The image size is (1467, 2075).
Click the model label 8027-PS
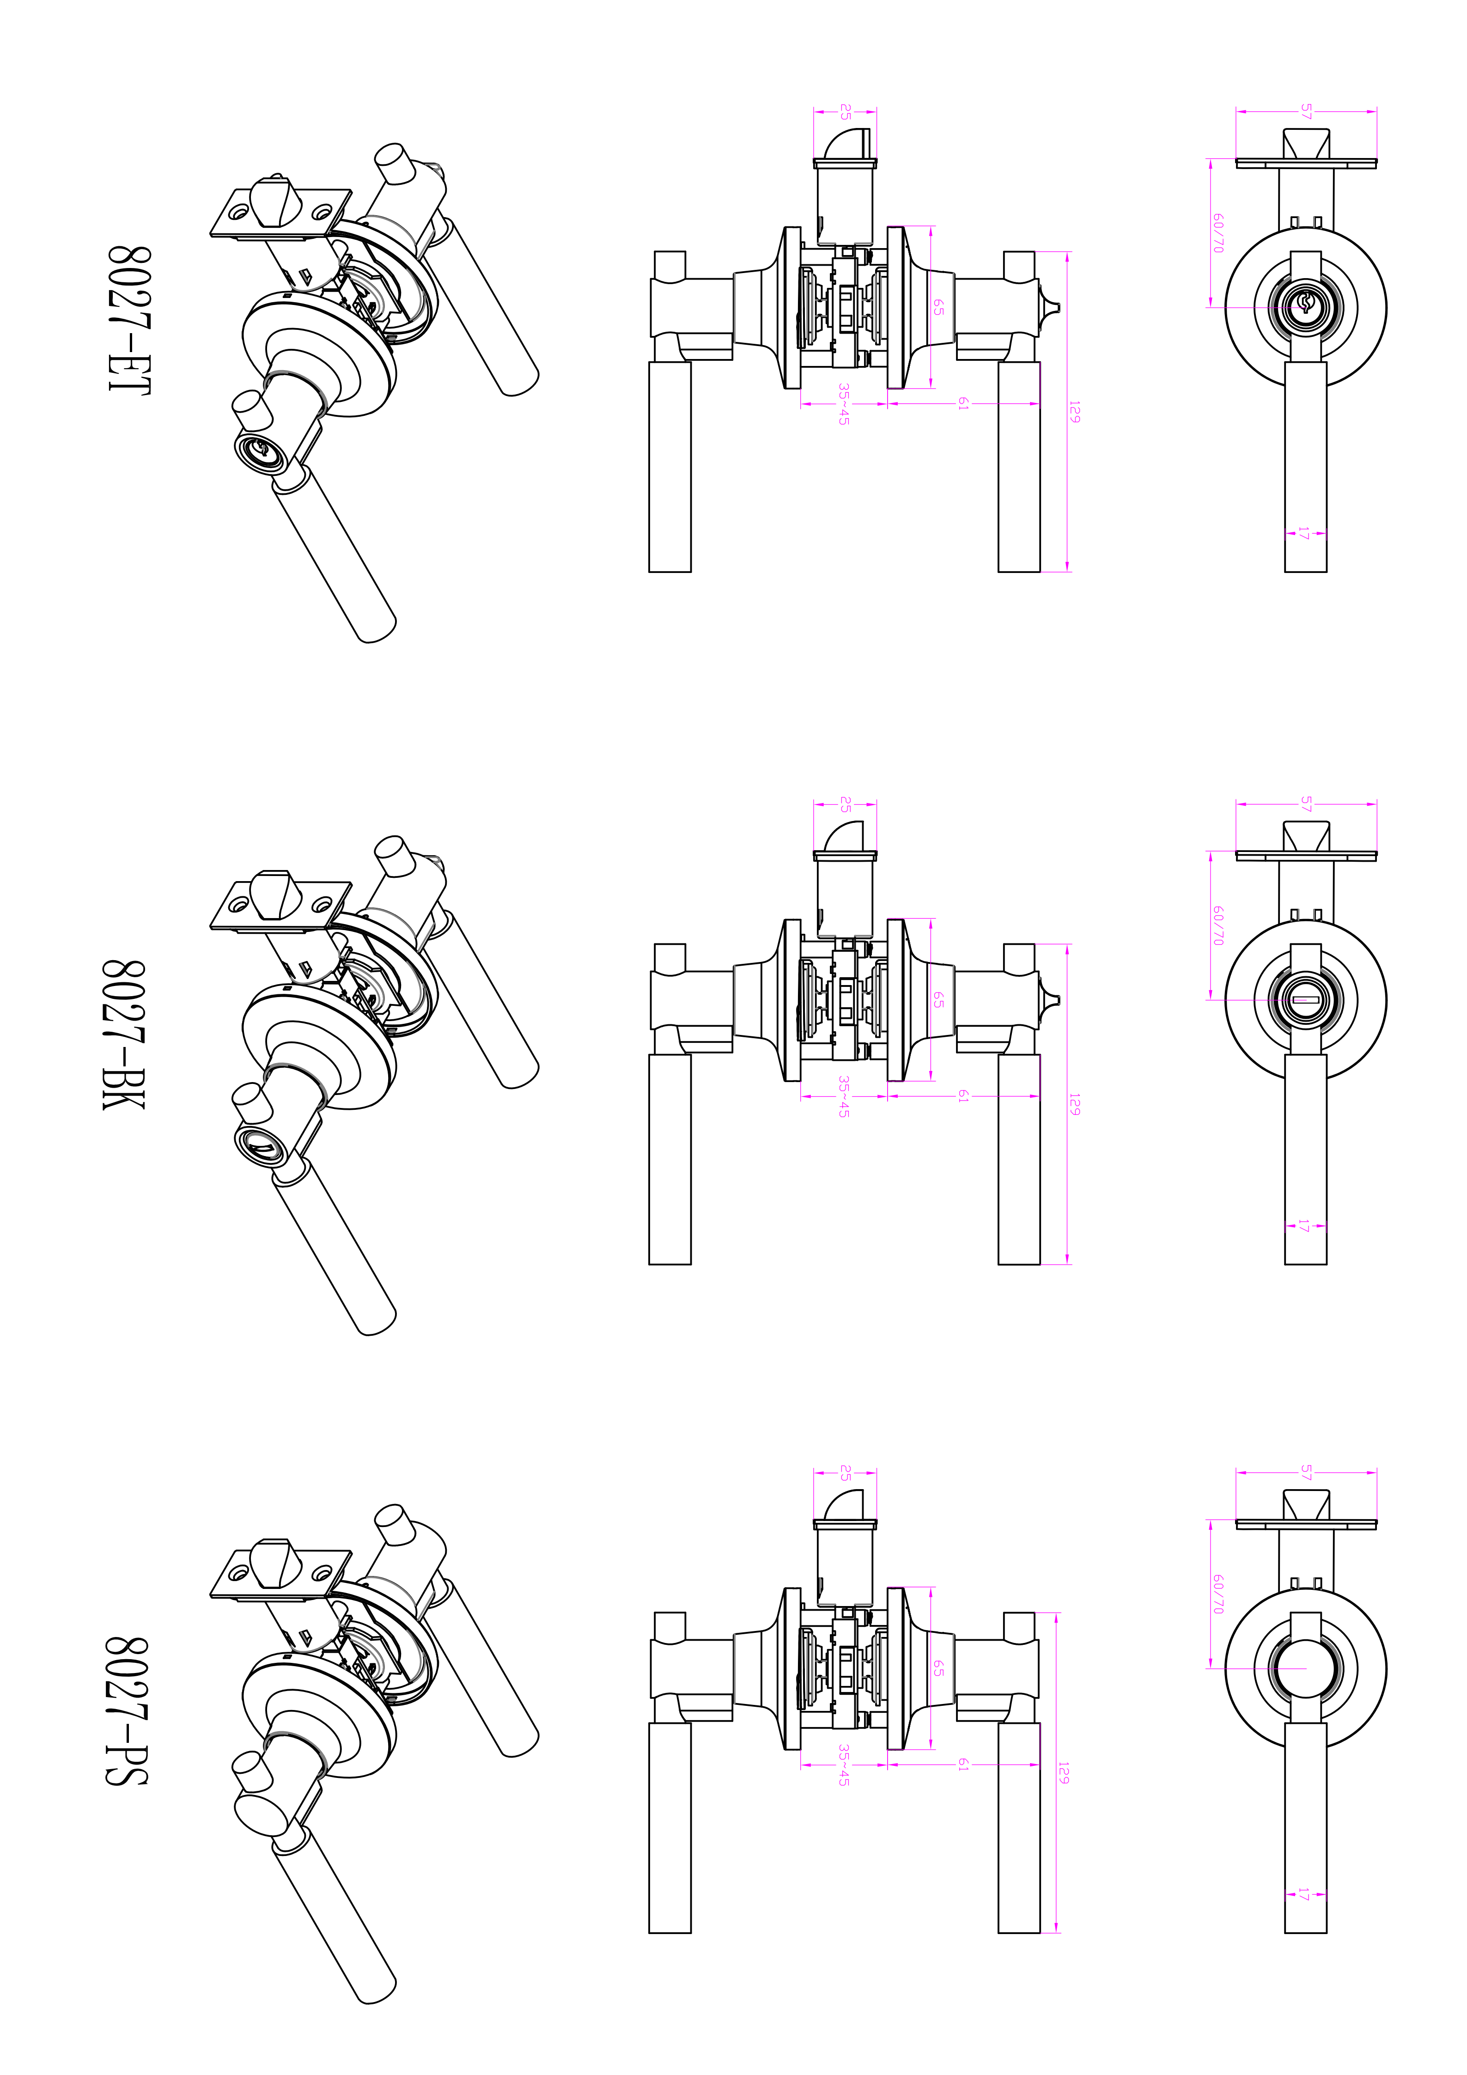pyautogui.click(x=127, y=1711)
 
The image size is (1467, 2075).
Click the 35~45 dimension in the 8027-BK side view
pyautogui.click(x=843, y=1096)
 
